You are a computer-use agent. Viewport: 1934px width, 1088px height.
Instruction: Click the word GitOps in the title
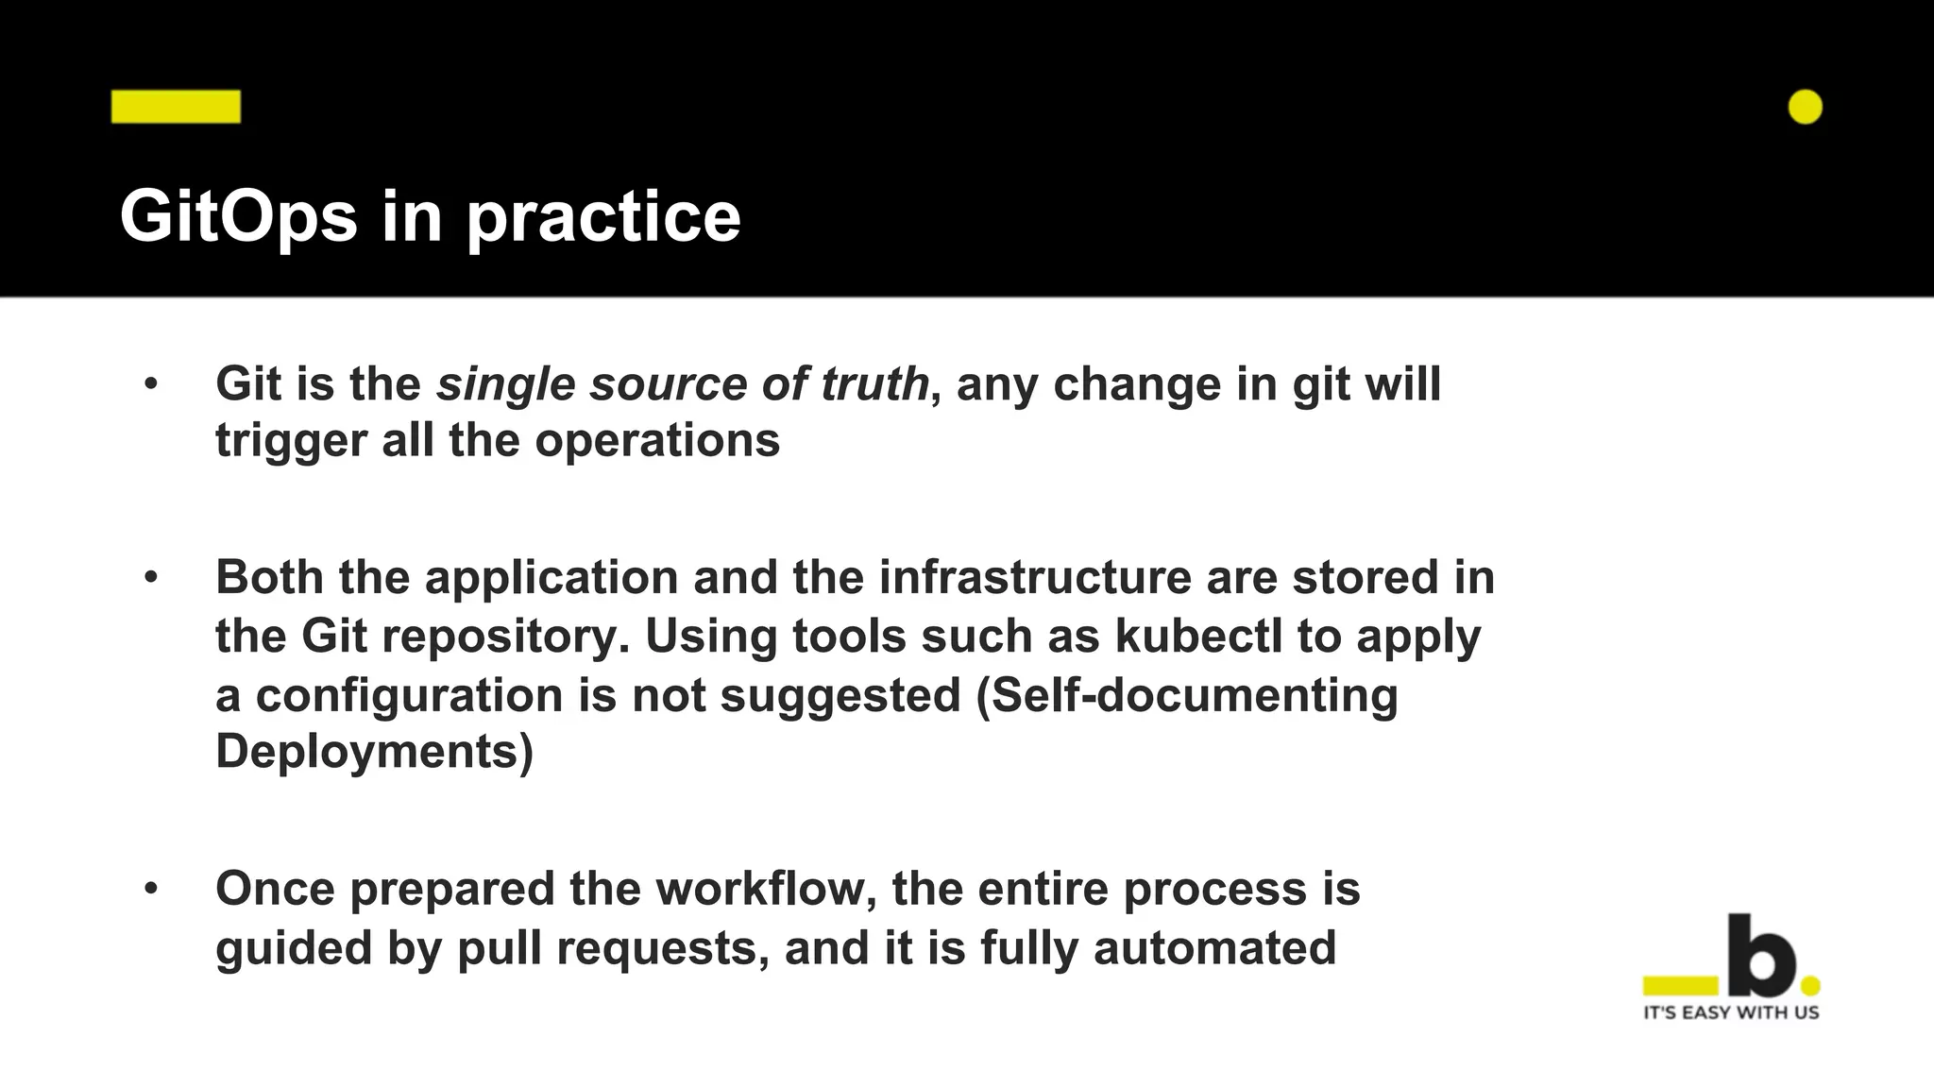click(238, 217)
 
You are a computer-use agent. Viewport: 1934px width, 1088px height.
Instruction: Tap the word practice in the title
click(603, 217)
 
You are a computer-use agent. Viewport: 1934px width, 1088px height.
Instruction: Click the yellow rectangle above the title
click(176, 107)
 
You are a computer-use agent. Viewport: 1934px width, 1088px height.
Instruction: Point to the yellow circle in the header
click(1805, 107)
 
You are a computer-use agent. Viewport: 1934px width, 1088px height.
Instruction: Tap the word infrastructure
click(1035, 577)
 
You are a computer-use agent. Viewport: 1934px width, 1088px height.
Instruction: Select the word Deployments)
click(374, 752)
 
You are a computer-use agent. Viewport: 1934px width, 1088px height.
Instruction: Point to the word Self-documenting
click(1195, 695)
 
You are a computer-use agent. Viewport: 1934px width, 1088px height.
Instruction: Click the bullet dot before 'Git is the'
click(151, 384)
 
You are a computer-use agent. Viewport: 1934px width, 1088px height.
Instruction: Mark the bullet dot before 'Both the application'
click(151, 577)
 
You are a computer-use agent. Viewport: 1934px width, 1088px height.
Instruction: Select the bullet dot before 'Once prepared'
click(151, 889)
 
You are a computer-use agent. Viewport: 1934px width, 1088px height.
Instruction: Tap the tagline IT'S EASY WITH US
click(1731, 1012)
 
